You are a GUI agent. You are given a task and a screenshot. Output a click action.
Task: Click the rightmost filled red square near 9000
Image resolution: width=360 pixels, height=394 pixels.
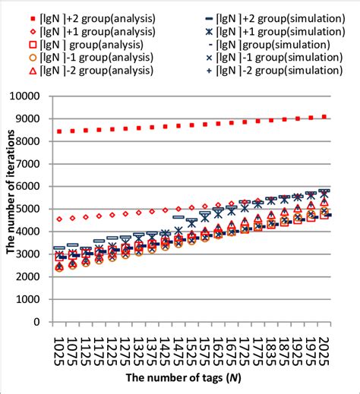point(325,117)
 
